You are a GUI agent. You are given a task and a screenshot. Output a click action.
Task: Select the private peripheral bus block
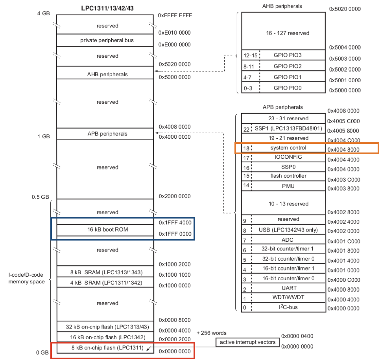(x=105, y=40)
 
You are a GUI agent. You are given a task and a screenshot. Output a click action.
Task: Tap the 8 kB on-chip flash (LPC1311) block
(x=105, y=348)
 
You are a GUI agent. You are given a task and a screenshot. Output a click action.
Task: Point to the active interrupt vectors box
(x=247, y=343)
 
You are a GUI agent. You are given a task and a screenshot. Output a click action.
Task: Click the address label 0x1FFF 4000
(x=175, y=223)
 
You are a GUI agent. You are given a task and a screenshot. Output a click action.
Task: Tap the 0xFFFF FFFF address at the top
(x=175, y=15)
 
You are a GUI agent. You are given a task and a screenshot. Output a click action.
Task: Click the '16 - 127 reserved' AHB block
(x=283, y=33)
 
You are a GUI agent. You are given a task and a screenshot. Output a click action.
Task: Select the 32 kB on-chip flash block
(x=105, y=327)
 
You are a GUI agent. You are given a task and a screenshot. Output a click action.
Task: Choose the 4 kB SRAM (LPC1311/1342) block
(x=105, y=283)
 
